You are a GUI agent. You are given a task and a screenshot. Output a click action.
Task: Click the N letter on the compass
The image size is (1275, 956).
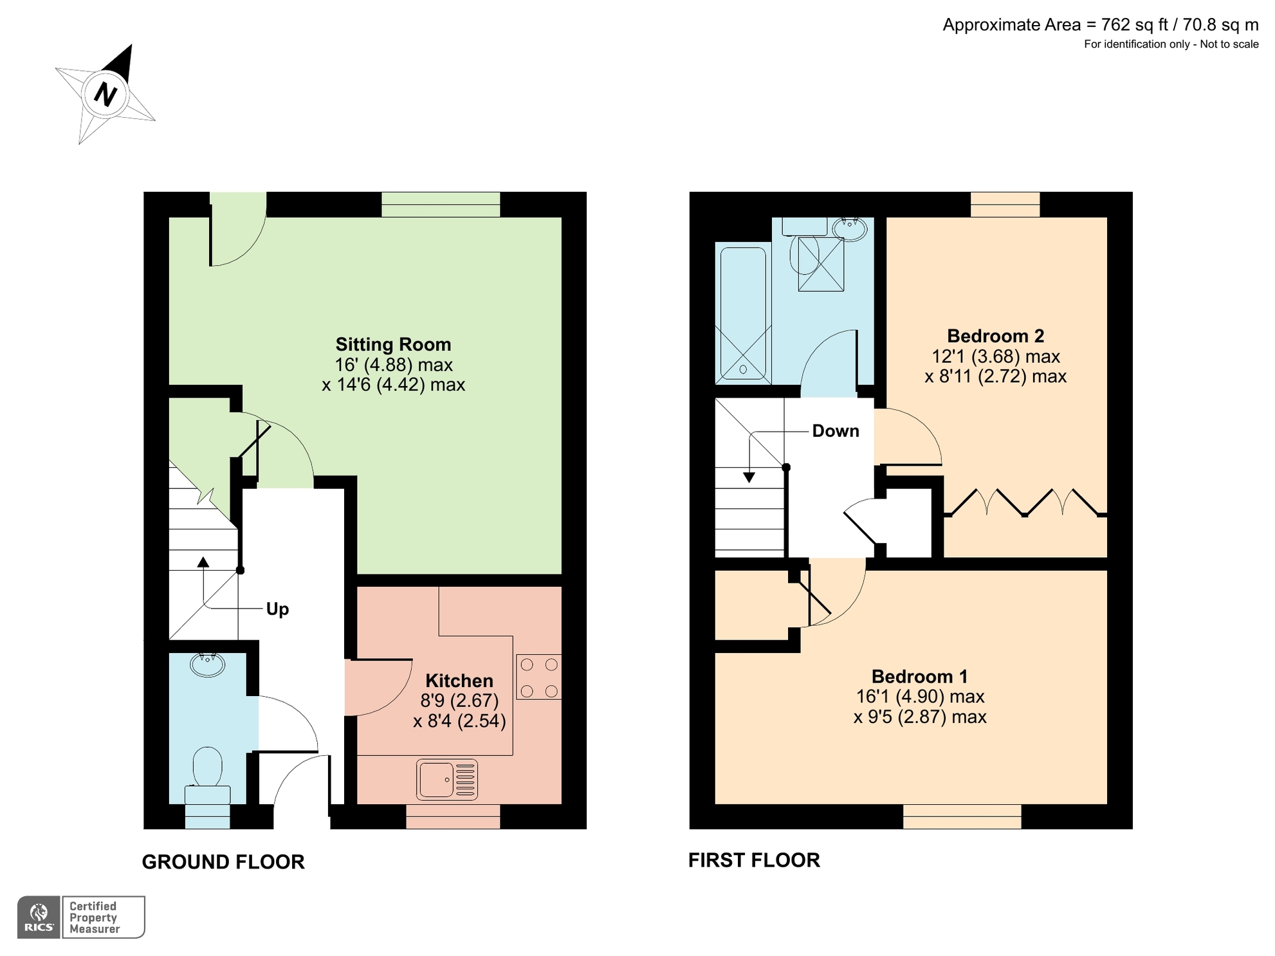point(105,95)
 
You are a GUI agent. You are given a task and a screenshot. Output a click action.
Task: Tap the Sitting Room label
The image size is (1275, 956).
point(393,344)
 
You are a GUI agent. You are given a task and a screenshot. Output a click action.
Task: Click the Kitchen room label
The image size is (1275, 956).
point(459,681)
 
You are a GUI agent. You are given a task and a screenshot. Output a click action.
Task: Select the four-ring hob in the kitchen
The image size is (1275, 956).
point(538,677)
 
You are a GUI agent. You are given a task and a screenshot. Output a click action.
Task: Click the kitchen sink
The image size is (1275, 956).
point(447,779)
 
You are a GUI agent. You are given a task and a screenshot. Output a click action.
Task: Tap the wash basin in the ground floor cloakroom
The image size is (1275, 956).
point(207,664)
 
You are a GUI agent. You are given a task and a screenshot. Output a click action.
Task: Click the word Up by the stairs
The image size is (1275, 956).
point(277,609)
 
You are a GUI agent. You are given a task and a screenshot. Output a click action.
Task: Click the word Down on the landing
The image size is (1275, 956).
point(835,431)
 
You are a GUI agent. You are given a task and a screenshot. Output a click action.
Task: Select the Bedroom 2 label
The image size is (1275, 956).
point(995,336)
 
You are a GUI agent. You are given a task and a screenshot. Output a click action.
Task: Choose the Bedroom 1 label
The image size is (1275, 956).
point(919,676)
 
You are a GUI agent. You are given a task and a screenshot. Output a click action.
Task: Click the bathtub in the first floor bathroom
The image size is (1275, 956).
point(743,313)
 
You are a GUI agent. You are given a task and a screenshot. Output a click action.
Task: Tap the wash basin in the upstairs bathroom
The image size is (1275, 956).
point(850,228)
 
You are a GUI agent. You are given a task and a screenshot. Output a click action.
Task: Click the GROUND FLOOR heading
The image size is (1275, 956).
point(223,862)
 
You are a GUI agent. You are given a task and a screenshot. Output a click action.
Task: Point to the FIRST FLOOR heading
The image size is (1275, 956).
point(754,860)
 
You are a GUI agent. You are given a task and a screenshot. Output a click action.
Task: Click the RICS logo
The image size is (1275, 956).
point(39,917)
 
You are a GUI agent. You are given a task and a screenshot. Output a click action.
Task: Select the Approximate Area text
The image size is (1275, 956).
point(1100,25)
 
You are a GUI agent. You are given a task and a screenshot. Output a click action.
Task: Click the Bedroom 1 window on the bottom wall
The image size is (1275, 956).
point(962,816)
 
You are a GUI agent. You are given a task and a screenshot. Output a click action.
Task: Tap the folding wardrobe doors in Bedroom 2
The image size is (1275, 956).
point(1024,502)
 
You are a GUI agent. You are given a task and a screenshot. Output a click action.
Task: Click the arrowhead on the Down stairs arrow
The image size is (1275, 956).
point(749,477)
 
